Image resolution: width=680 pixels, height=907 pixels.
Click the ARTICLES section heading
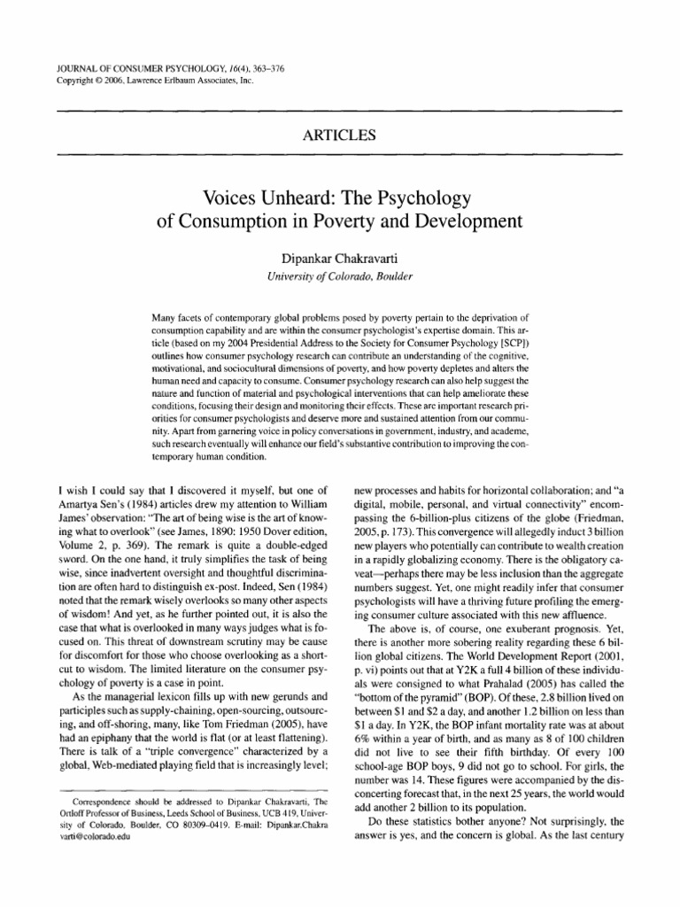coord(339,136)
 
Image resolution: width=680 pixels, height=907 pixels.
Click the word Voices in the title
coord(232,196)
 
